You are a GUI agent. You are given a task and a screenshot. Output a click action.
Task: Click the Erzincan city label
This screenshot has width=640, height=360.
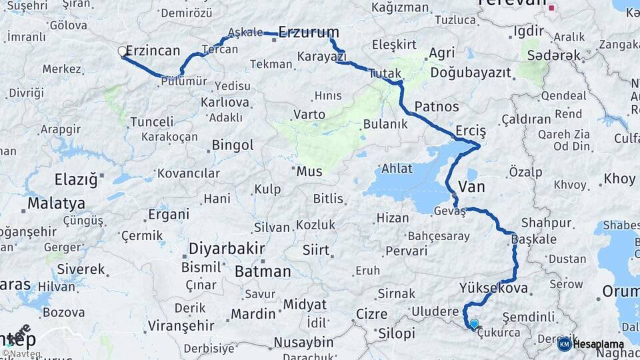tap(153, 51)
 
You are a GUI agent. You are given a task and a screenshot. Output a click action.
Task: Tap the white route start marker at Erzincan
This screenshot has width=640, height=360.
tap(123, 51)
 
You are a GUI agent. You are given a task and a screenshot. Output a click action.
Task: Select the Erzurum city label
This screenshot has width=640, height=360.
tap(308, 32)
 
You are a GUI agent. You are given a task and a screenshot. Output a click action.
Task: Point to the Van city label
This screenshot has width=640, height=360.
tap(472, 187)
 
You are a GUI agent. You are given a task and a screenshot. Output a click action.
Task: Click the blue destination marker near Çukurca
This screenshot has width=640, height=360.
tap(474, 325)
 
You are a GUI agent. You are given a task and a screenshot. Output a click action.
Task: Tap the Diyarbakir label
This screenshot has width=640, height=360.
tap(227, 249)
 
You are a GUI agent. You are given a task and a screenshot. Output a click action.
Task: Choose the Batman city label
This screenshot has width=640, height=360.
tap(263, 271)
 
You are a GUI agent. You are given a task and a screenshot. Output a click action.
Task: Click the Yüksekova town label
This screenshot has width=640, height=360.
tap(493, 289)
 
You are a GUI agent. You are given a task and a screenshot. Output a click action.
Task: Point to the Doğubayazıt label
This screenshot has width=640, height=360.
tap(471, 71)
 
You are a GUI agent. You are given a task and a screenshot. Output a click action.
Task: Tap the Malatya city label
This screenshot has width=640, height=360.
tap(56, 203)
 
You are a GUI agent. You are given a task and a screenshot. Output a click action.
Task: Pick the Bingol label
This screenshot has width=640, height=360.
tap(233, 145)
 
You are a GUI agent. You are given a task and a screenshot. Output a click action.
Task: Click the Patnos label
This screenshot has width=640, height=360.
tap(436, 106)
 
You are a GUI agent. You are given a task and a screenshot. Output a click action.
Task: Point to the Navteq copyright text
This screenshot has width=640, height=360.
tap(21, 353)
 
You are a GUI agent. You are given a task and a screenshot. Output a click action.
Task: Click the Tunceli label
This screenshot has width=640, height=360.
tap(151, 122)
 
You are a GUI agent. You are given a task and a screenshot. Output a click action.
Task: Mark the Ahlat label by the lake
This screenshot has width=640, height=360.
tap(396, 169)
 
